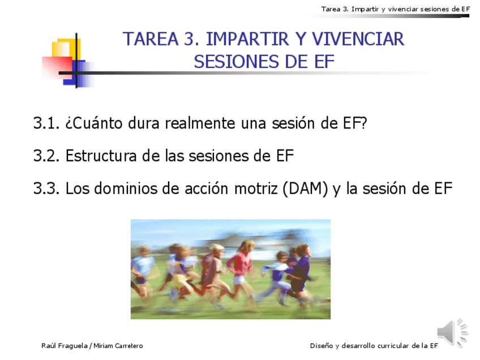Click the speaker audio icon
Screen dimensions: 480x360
tap(452, 332)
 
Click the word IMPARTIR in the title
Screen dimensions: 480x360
tap(247, 39)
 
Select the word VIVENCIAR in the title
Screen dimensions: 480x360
tap(358, 39)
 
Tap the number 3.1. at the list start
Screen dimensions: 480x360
tap(46, 123)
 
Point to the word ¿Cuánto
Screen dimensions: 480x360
tap(94, 123)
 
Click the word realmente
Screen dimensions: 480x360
tap(200, 123)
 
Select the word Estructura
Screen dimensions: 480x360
tap(101, 156)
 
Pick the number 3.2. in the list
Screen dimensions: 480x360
tap(46, 156)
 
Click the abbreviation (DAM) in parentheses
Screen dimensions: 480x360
tap(305, 188)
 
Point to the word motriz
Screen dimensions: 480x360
tap(256, 188)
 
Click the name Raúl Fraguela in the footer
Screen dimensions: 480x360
tap(65, 346)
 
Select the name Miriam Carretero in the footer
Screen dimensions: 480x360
tap(118, 346)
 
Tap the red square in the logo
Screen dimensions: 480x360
tap(57, 67)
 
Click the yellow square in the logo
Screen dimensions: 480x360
tap(66, 48)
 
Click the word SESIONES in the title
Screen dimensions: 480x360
tap(235, 62)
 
